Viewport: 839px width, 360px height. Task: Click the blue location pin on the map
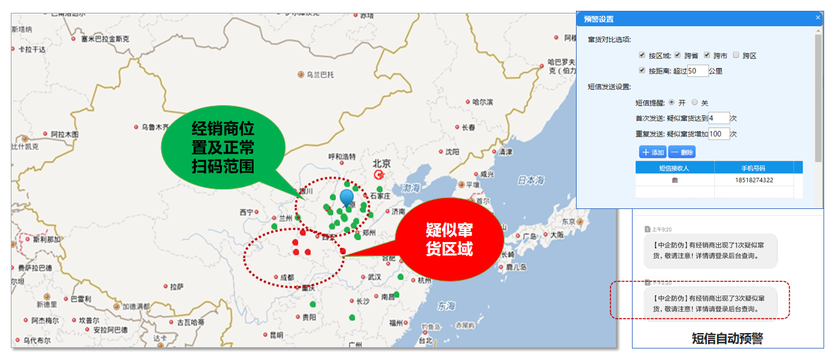click(347, 198)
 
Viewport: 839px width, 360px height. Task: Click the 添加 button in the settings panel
click(653, 152)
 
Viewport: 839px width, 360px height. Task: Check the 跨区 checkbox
click(736, 55)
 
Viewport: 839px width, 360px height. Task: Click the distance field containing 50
click(697, 70)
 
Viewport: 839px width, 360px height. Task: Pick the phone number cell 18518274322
click(754, 180)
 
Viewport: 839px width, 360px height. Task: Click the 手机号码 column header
click(753, 168)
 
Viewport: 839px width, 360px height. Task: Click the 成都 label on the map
click(287, 277)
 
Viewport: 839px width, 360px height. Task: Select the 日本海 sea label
click(530, 180)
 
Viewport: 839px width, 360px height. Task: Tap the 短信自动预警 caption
click(727, 338)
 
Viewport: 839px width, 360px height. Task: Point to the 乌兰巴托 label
click(320, 74)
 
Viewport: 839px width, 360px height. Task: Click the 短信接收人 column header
click(674, 168)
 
